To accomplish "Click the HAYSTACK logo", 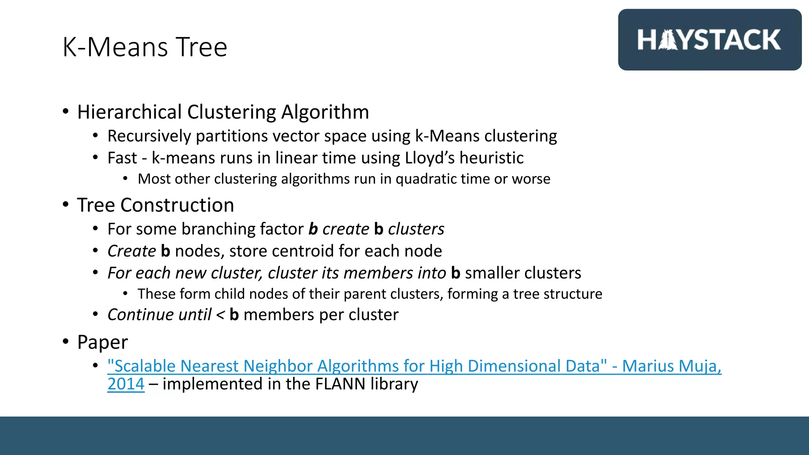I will tap(709, 40).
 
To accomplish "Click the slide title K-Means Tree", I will tap(145, 47).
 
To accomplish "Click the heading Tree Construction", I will tap(156, 205).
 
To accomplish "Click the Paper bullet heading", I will tap(102, 342).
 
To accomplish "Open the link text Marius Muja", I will tap(672, 367).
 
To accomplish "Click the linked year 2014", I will tap(126, 384).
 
